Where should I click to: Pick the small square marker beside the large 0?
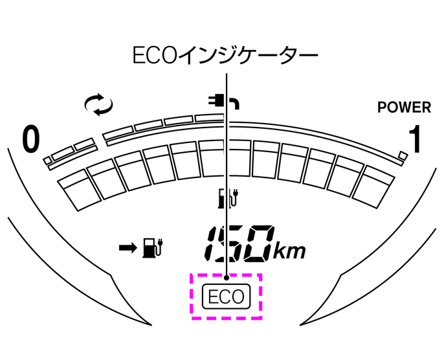click(x=47, y=159)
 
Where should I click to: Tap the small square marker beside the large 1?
click(x=403, y=155)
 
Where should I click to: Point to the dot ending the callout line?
click(x=226, y=279)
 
